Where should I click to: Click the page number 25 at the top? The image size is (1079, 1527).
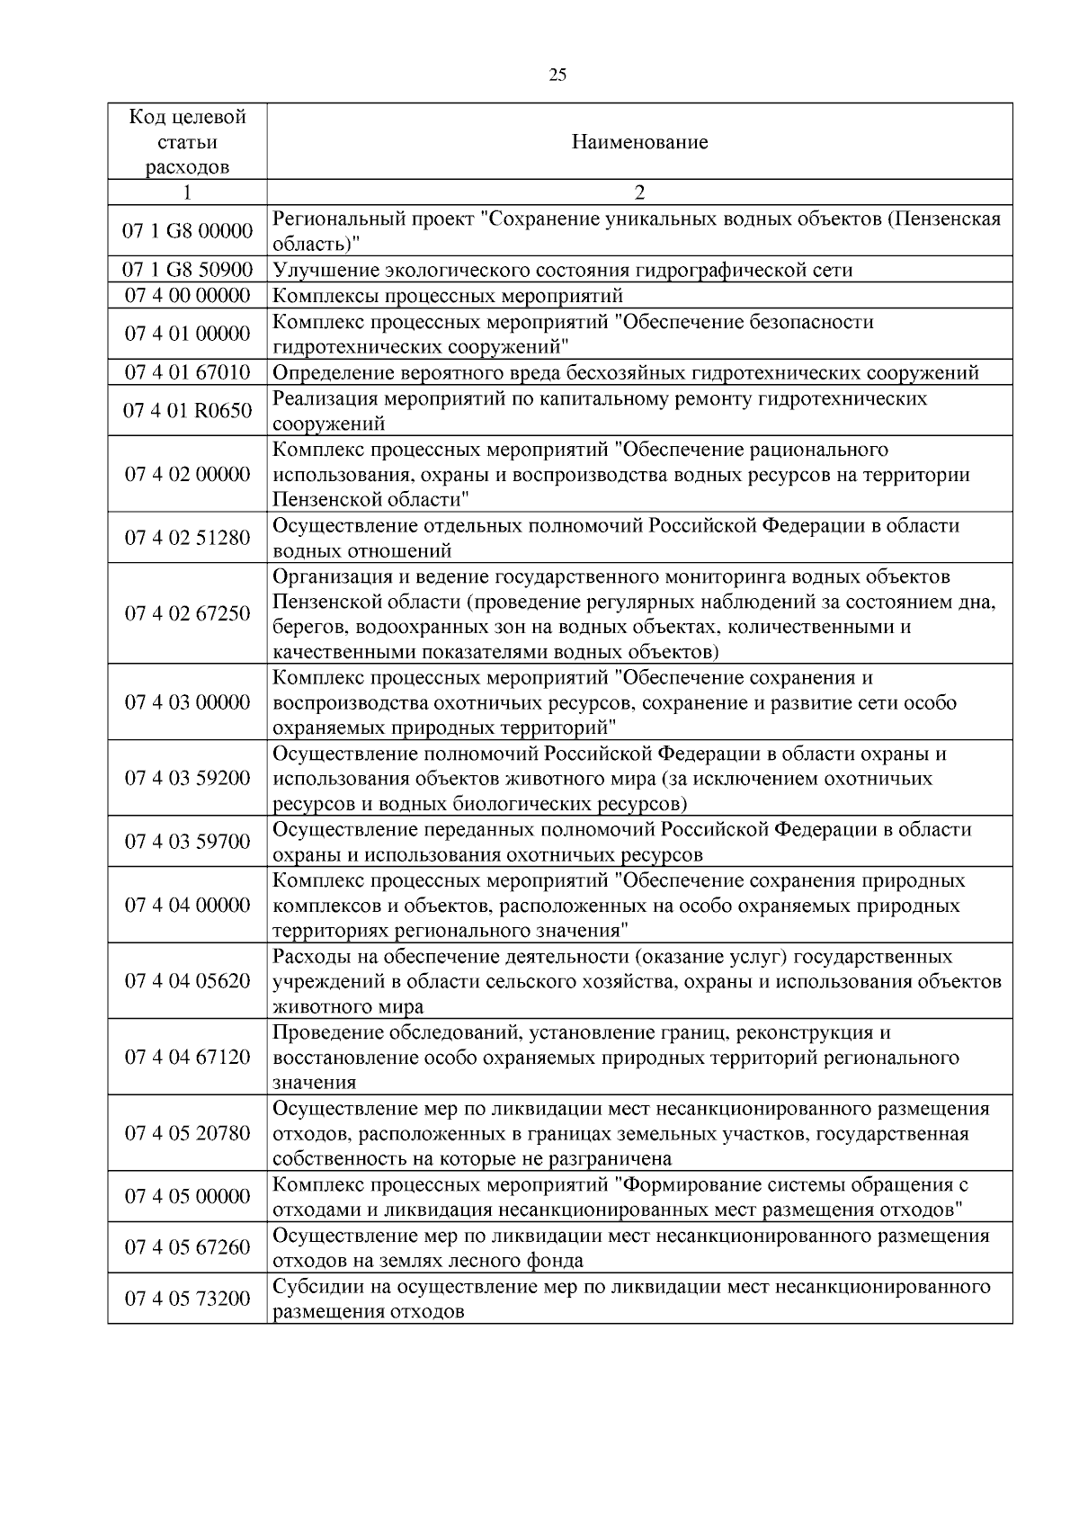(557, 76)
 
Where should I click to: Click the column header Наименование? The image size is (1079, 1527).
(639, 142)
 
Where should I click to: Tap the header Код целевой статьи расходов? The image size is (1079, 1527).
(187, 142)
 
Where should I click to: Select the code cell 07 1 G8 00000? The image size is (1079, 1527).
(187, 231)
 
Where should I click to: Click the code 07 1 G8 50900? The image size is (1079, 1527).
(187, 270)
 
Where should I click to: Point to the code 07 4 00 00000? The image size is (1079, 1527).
(187, 296)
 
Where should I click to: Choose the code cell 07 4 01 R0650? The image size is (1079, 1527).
(187, 411)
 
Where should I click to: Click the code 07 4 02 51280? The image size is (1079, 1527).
(187, 538)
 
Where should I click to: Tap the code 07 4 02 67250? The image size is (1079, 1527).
(187, 613)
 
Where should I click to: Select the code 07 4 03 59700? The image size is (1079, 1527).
(187, 842)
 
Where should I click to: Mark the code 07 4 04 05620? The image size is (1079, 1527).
(187, 980)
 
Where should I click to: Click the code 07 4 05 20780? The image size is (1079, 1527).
(187, 1133)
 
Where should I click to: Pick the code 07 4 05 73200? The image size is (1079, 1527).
(187, 1299)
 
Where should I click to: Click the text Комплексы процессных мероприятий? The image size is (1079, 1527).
(448, 296)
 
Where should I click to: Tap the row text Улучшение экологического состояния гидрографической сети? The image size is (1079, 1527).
(562, 270)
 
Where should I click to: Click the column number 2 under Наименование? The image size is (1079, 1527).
(639, 192)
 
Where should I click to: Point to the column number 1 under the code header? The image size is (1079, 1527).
(187, 192)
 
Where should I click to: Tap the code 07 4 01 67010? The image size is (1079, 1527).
(187, 372)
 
